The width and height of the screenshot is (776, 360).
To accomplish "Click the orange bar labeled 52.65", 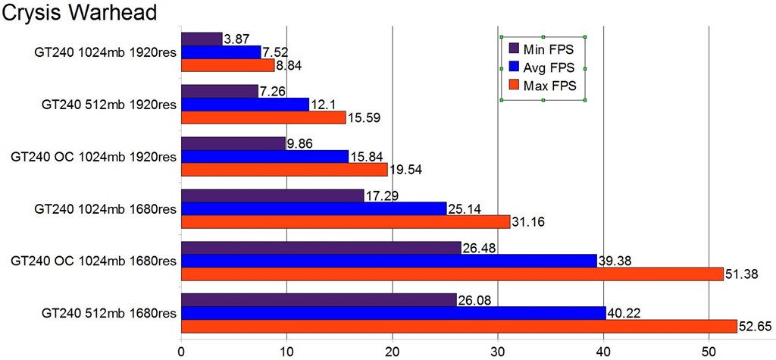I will point(458,326).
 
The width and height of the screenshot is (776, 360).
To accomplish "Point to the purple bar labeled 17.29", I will point(273,196).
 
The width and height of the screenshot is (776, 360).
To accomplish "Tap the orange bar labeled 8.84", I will point(227,66).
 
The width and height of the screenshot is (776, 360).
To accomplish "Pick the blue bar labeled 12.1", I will point(245,104).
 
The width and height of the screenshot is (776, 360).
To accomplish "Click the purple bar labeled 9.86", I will point(233,143).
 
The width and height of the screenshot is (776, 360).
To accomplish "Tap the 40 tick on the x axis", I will point(603,351).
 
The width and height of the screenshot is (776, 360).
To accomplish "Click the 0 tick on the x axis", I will point(181,351).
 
